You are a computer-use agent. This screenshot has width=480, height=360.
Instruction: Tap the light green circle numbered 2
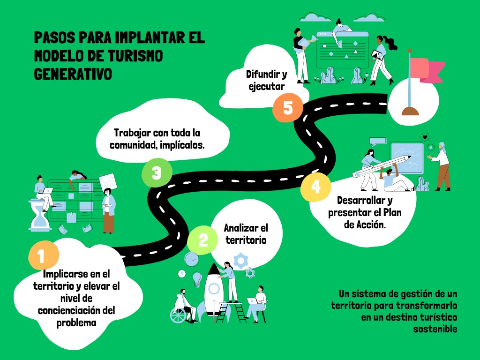pyautogui.click(x=202, y=240)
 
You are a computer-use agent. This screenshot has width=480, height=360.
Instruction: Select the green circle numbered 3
pyautogui.click(x=157, y=173)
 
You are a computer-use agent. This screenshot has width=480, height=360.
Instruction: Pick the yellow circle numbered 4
pyautogui.click(x=316, y=187)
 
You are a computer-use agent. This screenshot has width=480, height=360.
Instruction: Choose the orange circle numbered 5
pyautogui.click(x=288, y=108)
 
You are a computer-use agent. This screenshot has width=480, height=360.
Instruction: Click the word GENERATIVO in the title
pyautogui.click(x=73, y=74)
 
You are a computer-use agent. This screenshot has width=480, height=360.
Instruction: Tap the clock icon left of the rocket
pyautogui.click(x=191, y=259)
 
